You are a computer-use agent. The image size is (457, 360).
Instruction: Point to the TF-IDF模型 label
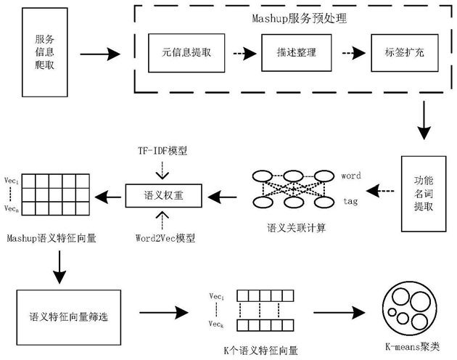point(163,151)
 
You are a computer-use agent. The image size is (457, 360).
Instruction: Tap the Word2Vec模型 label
point(163,237)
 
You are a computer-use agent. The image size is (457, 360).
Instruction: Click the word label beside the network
point(350,176)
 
